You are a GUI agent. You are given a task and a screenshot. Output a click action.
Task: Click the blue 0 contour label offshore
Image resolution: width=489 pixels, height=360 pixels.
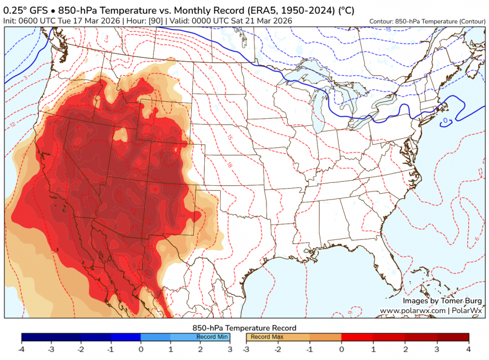point(445,121)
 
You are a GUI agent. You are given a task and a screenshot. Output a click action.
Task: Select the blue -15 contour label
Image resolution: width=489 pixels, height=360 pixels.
point(387,29)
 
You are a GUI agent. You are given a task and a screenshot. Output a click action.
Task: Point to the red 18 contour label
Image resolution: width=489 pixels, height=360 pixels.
point(229,165)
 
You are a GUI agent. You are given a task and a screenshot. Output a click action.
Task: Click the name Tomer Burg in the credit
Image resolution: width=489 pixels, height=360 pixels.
point(461,301)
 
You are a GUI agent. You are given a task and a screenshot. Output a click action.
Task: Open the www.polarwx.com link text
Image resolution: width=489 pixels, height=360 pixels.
point(412,310)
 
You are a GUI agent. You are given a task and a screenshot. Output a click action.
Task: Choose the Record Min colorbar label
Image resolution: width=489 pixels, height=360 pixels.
point(212,337)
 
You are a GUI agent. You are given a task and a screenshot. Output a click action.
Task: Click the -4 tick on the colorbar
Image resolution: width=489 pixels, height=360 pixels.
point(21,349)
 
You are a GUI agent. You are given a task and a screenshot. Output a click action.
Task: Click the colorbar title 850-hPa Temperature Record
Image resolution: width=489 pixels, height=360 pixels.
point(244,327)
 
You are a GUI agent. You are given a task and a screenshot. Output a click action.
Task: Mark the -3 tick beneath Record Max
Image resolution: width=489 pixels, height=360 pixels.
point(246,349)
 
